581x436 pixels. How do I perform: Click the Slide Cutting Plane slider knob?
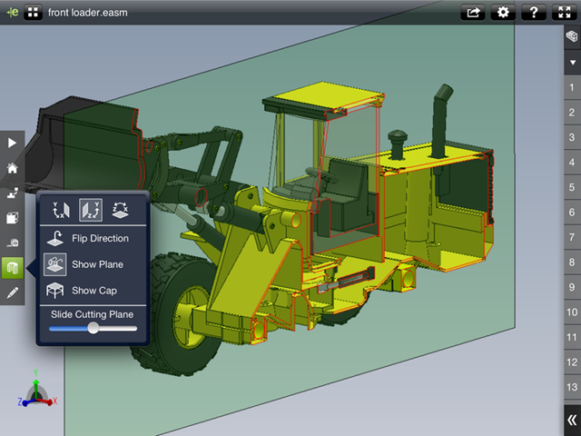click(x=93, y=328)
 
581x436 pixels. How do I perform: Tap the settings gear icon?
click(x=503, y=12)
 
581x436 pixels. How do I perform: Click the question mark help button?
click(x=534, y=12)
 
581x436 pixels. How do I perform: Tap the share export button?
click(x=473, y=12)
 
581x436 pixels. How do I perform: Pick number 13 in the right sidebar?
click(x=571, y=387)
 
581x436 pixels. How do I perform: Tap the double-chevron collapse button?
click(x=571, y=420)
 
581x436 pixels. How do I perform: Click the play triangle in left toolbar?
click(x=12, y=143)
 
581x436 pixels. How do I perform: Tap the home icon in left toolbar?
click(x=12, y=168)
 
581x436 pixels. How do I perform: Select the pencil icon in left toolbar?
click(x=12, y=292)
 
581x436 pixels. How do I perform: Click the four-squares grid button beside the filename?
click(x=34, y=13)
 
